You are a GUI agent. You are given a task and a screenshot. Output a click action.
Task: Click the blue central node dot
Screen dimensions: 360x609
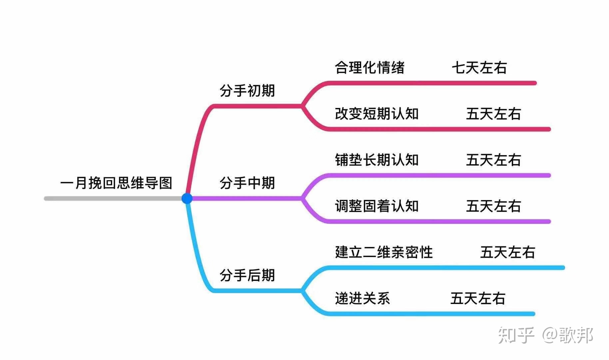pos(187,198)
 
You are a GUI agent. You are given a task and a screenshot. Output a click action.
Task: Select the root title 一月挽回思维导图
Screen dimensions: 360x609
pos(116,183)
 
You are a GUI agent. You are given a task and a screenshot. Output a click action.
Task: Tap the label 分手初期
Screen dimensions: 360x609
pos(247,91)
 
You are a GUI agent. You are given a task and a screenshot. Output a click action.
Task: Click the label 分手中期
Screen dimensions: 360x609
pos(247,183)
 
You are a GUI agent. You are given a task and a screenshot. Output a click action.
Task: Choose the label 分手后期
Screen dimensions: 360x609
pos(247,275)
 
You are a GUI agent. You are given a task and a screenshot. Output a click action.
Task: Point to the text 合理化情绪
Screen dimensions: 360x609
pos(369,68)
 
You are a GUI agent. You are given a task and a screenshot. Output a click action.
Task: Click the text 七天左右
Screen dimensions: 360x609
pos(479,68)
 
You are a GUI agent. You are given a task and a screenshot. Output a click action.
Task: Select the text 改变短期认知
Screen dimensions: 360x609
pos(377,114)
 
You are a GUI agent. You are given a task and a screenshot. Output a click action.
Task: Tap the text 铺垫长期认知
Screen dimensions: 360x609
pos(377,160)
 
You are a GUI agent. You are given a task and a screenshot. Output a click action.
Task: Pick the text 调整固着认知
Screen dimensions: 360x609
pos(377,206)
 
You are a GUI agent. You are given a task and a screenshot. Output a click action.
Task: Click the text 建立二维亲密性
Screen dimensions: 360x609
pos(384,252)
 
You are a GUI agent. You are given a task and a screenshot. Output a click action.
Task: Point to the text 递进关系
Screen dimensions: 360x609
pos(362,298)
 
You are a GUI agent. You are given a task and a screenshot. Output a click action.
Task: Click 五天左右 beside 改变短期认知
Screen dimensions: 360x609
pos(493,114)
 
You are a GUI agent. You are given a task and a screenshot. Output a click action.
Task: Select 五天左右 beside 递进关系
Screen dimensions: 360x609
pos(478,298)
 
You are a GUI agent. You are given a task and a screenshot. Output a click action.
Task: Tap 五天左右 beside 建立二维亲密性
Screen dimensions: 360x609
pos(508,252)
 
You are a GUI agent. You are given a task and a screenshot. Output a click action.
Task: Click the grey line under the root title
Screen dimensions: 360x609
pos(113,199)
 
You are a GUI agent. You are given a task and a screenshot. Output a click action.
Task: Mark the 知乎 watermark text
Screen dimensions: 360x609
pos(516,335)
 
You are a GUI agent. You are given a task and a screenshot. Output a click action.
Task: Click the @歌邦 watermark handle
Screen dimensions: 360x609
pos(568,335)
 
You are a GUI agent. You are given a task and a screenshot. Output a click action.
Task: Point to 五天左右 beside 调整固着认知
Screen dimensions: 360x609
pos(493,206)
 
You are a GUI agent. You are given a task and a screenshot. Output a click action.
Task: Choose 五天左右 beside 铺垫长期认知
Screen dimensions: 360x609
pos(493,160)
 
